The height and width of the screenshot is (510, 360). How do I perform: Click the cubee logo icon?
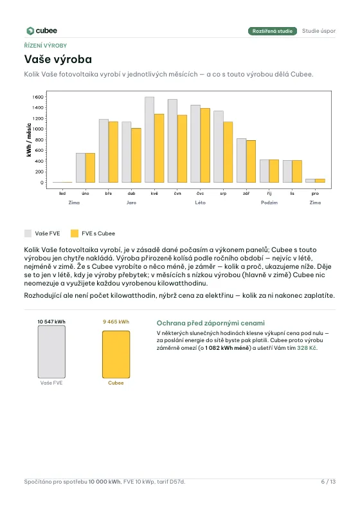click(30, 31)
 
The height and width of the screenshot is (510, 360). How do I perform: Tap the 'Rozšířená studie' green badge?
click(273, 31)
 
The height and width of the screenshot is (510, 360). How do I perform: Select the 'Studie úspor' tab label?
click(319, 31)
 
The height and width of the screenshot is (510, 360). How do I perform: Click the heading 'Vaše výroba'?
click(58, 59)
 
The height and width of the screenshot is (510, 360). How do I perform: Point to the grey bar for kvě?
click(150, 140)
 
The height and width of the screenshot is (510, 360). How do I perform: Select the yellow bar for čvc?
click(205, 145)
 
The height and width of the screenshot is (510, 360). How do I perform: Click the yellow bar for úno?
click(90, 168)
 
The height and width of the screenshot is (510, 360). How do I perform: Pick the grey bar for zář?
click(241, 161)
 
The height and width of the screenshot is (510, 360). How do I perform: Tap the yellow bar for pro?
click(320, 181)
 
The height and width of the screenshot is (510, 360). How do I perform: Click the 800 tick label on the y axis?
click(39, 140)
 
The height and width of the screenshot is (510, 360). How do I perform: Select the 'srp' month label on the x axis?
click(223, 194)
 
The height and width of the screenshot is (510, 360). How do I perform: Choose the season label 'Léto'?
click(201, 203)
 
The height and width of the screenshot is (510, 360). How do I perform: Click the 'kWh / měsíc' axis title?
click(29, 140)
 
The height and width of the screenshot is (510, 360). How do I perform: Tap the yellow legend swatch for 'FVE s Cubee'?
click(75, 233)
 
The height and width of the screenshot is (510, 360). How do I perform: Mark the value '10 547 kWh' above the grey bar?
click(51, 322)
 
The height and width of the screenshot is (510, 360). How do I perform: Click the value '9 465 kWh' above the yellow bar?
click(116, 322)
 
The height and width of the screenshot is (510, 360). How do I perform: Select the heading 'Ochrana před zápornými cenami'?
click(211, 323)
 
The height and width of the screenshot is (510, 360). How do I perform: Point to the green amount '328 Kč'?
click(307, 348)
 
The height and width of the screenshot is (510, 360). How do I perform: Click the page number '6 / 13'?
click(328, 482)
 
